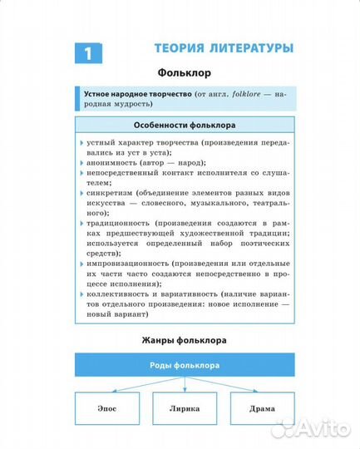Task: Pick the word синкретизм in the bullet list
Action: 110,191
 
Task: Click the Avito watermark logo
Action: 309,427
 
